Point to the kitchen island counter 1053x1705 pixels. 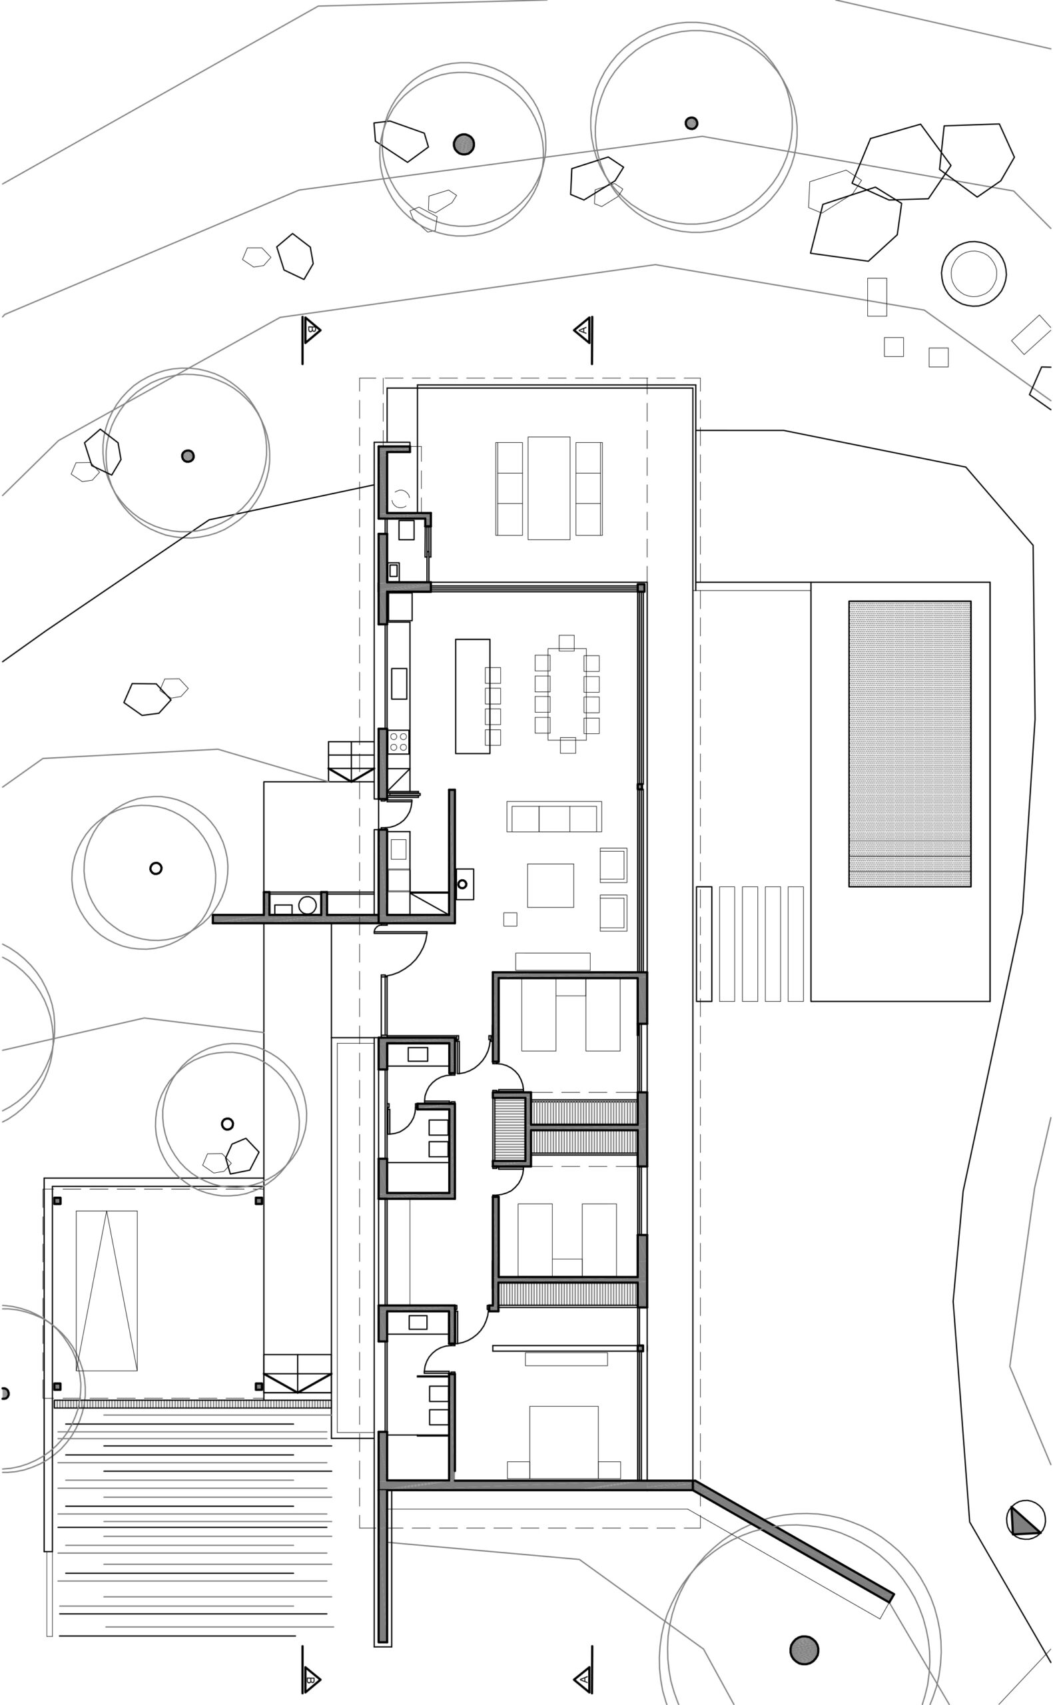pyautogui.click(x=472, y=696)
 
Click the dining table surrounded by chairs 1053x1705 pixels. pyautogui.click(x=567, y=693)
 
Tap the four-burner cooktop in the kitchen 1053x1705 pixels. pyautogui.click(x=398, y=741)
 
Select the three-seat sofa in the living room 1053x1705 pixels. pyautogui.click(x=553, y=817)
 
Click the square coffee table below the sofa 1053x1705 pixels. pyautogui.click(x=550, y=886)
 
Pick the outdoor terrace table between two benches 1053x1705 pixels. pyautogui.click(x=549, y=488)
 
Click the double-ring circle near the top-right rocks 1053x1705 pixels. pyautogui.click(x=974, y=274)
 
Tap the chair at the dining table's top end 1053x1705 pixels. pyautogui.click(x=566, y=643)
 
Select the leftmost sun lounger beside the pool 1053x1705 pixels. pyautogui.click(x=704, y=943)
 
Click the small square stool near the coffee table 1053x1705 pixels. pyautogui.click(x=510, y=919)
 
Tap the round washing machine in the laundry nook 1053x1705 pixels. pyautogui.click(x=307, y=905)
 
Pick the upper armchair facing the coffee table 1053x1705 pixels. pyautogui.click(x=613, y=865)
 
